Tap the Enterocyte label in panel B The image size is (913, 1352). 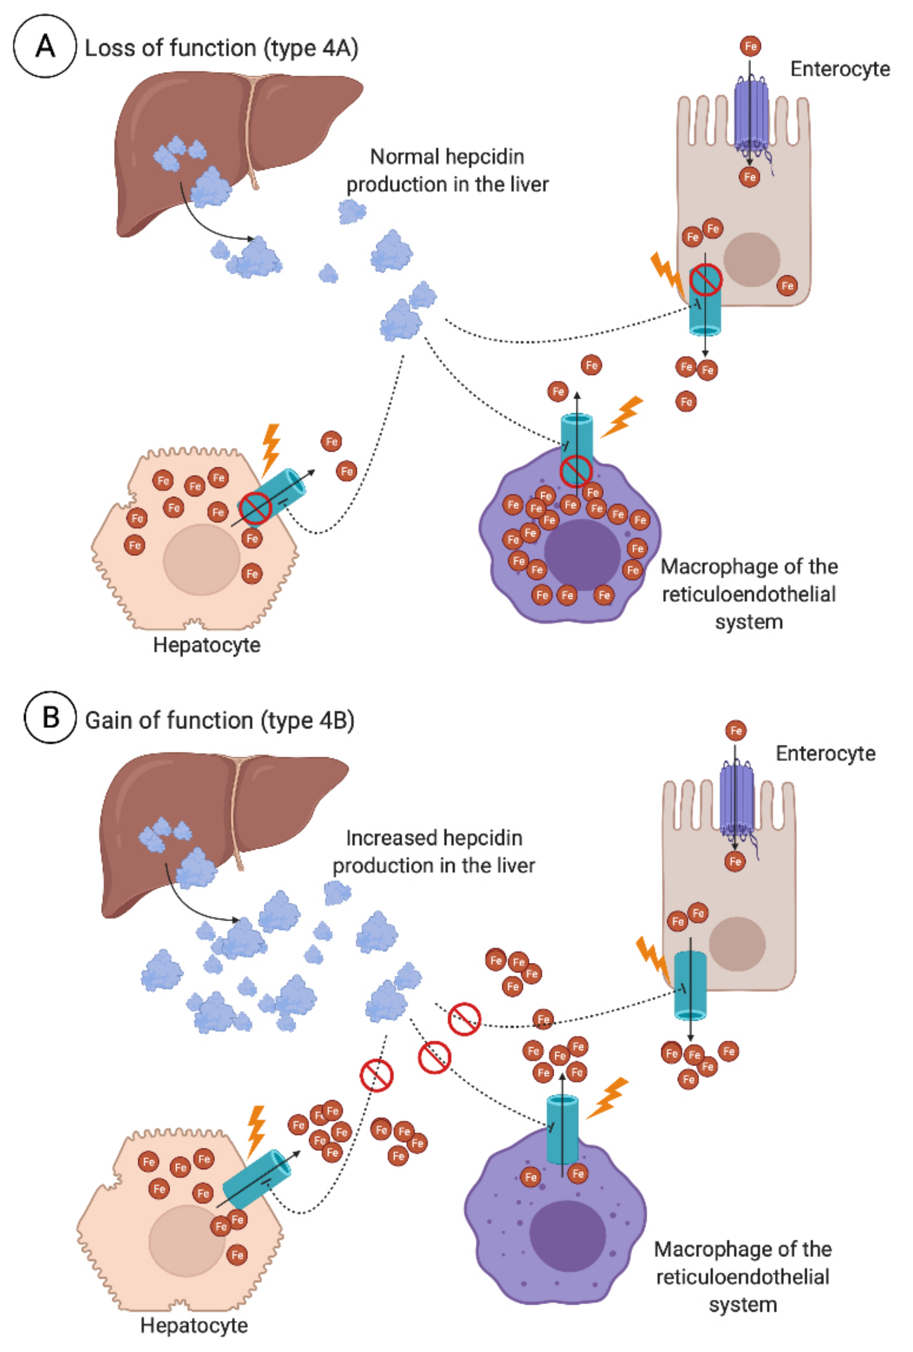coord(825,754)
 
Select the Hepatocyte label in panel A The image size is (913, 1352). coord(207,645)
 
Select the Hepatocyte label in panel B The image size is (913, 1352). coord(194,1325)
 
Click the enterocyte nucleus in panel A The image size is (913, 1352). coord(751,260)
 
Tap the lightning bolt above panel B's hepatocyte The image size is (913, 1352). coord(256,1130)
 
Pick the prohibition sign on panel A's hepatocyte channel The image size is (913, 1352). coord(255,508)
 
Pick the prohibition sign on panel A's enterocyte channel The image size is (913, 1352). coord(706,279)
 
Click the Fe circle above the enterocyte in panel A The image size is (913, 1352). coord(750,46)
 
